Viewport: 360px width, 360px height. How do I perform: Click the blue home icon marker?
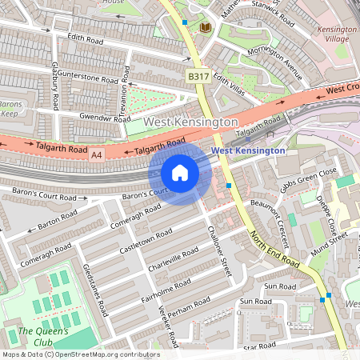tap(180, 173)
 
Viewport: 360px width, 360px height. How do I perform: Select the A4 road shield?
tap(97, 154)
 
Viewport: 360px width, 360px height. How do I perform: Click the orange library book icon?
tap(205, 28)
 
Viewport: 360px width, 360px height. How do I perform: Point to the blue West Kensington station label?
tap(247, 150)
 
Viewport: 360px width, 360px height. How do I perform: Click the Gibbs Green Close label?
tap(308, 181)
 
